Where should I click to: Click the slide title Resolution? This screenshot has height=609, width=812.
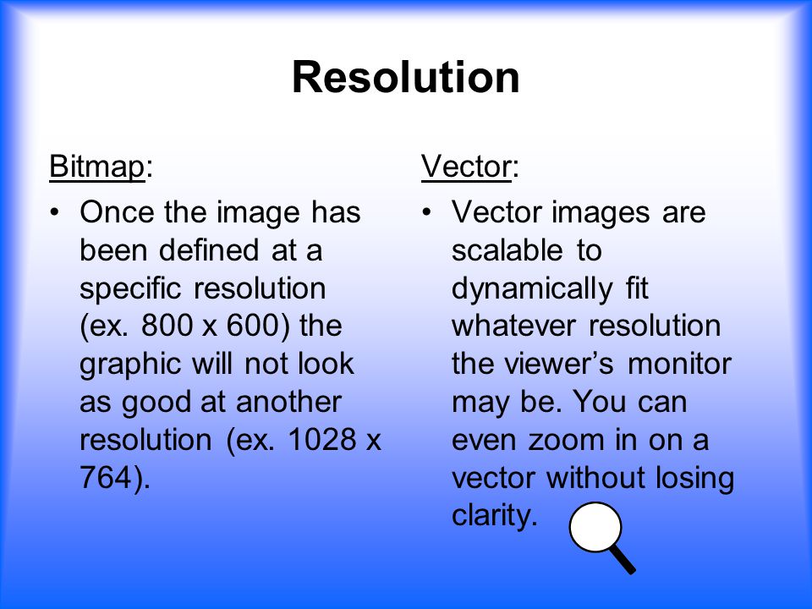405,77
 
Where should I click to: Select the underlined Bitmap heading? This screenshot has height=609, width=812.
96,167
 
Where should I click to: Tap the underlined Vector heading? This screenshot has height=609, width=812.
467,167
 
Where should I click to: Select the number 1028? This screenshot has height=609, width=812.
321,439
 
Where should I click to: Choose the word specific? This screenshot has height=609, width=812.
130,290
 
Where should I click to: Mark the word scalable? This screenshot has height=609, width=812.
507,250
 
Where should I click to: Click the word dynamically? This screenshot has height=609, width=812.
532,290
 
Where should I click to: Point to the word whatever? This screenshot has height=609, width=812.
513,326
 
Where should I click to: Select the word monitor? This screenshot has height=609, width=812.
679,364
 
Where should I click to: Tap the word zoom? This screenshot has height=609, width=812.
566,441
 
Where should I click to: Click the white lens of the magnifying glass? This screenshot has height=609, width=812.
595,527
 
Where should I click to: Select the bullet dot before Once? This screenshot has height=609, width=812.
54,212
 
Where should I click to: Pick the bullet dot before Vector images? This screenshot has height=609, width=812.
426,212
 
